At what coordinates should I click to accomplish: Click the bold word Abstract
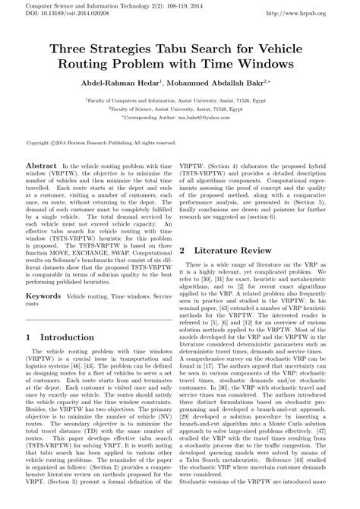42,164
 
